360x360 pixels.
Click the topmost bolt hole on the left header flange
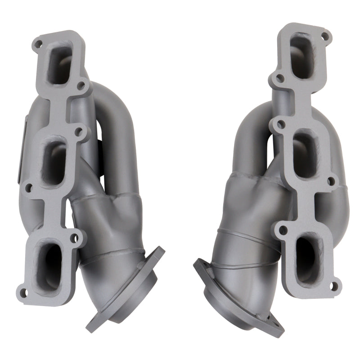click(39, 44)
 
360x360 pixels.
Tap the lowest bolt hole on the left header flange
click(25, 293)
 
